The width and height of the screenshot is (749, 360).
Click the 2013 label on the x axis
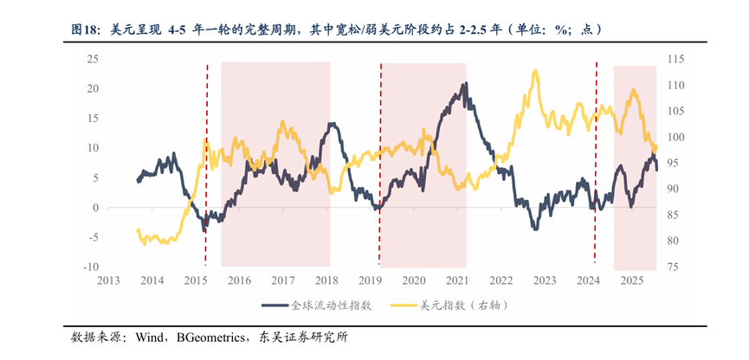(108, 280)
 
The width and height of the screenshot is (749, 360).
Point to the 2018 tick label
(326, 280)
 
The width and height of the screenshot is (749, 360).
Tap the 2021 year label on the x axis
(457, 280)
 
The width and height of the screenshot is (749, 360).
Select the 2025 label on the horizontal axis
(631, 280)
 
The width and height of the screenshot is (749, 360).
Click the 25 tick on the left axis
(89, 59)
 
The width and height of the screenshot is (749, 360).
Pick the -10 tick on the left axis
(87, 267)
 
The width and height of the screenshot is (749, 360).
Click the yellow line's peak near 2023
(536, 72)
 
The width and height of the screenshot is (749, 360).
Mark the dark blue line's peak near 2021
(467, 84)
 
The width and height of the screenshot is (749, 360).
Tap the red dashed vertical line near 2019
(380, 164)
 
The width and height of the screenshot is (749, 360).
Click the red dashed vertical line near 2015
(206, 164)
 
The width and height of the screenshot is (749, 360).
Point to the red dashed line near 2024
(596, 164)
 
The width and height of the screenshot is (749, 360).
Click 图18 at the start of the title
(86, 29)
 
